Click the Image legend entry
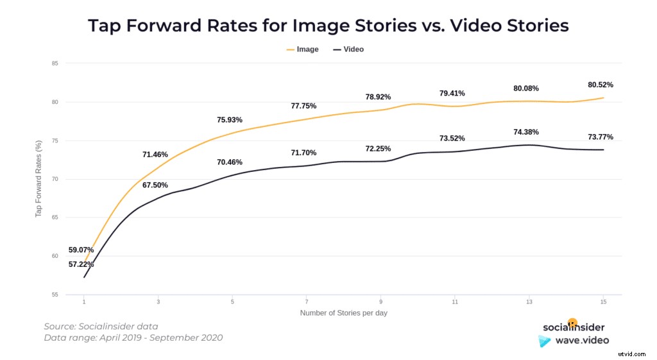(x=302, y=49)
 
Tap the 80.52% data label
(x=600, y=84)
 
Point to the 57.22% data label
(x=81, y=264)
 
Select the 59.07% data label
(x=81, y=250)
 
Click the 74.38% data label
(x=525, y=132)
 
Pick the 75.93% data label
(x=230, y=120)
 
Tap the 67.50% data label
(x=155, y=185)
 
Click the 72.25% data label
(x=378, y=148)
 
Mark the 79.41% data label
(x=452, y=93)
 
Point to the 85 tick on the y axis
(x=55, y=64)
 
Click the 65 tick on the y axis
(x=55, y=218)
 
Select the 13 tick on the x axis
(x=529, y=302)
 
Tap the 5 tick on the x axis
(x=232, y=302)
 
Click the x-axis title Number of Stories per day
(x=343, y=313)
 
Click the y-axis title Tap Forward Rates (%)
(x=38, y=179)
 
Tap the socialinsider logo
(x=573, y=327)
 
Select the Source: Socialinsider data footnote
(x=101, y=326)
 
